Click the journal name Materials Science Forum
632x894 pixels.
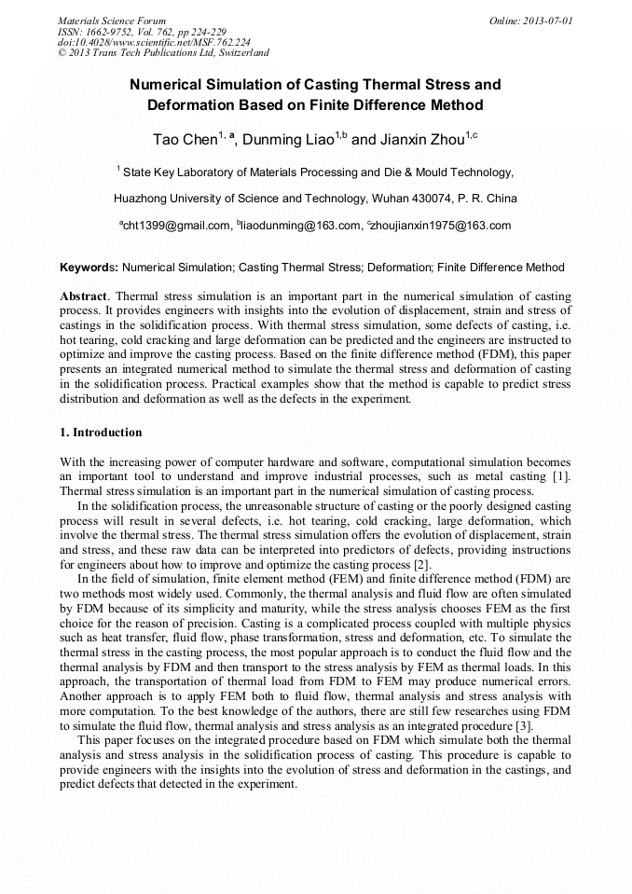click(x=112, y=20)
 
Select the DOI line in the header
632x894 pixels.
click(x=154, y=42)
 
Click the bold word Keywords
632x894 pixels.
click(x=89, y=268)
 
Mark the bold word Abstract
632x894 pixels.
click(x=85, y=295)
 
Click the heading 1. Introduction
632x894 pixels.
click(x=101, y=433)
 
